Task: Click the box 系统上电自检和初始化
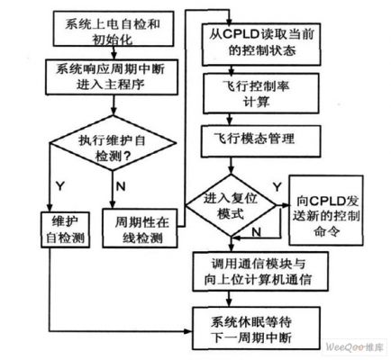tap(114, 29)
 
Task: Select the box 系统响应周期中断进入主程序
tap(112, 77)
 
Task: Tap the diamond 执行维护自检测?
tap(113, 143)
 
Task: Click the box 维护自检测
tap(65, 229)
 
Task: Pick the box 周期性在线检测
tap(140, 228)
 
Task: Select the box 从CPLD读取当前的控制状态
tap(261, 44)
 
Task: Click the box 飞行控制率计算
tap(260, 94)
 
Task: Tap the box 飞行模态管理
tap(260, 141)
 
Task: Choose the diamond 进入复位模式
tap(231, 206)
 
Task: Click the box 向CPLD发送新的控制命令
tap(326, 211)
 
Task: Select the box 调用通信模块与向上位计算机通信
tap(260, 272)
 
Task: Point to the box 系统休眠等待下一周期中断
tap(256, 328)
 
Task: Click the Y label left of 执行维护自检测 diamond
tap(60, 186)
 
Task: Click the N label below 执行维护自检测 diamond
tap(121, 186)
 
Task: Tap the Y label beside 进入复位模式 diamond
tap(277, 187)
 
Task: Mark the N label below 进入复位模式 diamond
tap(256, 231)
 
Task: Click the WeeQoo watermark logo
tap(354, 347)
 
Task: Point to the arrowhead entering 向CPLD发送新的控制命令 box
tap(285, 205)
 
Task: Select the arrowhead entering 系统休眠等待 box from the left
tap(188, 331)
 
